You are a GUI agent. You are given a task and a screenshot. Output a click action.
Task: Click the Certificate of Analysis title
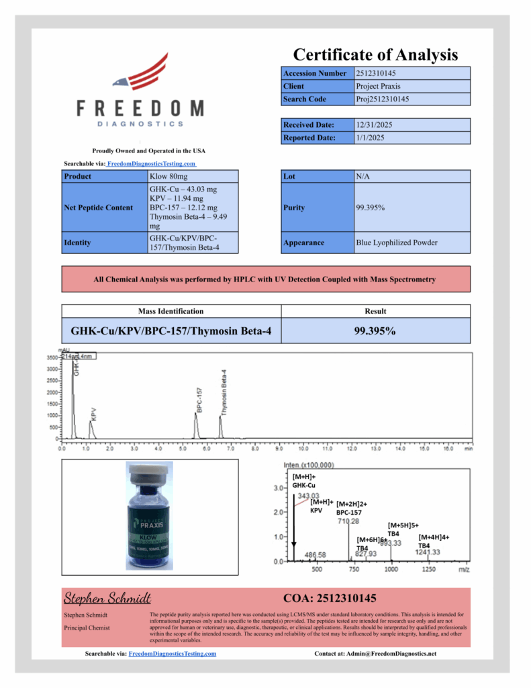375,54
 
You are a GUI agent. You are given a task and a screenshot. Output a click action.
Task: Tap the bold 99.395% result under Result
375,331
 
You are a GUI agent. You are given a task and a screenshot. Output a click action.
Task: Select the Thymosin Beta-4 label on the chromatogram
224,392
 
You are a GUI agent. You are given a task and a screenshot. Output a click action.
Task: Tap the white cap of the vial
149,476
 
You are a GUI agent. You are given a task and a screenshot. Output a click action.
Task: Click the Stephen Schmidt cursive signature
107,598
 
